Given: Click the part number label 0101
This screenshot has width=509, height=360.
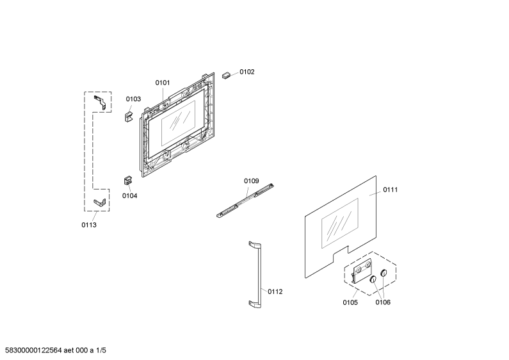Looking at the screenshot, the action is pyautogui.click(x=163, y=83).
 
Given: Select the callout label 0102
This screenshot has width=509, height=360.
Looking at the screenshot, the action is pyautogui.click(x=247, y=72).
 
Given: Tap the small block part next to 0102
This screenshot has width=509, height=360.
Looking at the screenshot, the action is pyautogui.click(x=226, y=76).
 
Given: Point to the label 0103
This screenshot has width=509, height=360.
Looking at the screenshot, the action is pyautogui.click(x=133, y=99).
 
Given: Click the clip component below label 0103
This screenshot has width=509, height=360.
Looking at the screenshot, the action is pyautogui.click(x=129, y=117).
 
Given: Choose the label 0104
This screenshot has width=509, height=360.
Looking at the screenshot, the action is pyautogui.click(x=129, y=195).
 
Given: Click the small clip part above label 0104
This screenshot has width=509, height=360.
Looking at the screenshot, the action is pyautogui.click(x=127, y=181).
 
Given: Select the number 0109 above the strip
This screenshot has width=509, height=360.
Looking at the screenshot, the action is pyautogui.click(x=251, y=181).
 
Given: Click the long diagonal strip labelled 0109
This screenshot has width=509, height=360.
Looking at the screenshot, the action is pyautogui.click(x=245, y=200).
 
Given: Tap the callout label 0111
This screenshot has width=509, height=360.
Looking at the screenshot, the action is pyautogui.click(x=390, y=190).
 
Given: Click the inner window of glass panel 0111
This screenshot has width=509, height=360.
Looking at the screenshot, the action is pyautogui.click(x=340, y=223).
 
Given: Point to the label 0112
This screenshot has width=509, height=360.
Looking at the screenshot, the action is pyautogui.click(x=275, y=291).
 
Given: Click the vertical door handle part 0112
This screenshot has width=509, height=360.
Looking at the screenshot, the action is pyautogui.click(x=256, y=275).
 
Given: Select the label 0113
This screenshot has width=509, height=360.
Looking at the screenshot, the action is pyautogui.click(x=89, y=225).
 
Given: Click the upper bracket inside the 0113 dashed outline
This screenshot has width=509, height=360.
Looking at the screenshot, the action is pyautogui.click(x=101, y=102).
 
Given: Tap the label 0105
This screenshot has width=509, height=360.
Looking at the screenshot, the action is pyautogui.click(x=350, y=302).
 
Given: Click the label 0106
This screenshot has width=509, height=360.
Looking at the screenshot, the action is pyautogui.click(x=383, y=302).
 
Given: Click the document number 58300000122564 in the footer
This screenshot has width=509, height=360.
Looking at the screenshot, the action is pyautogui.click(x=34, y=350).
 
